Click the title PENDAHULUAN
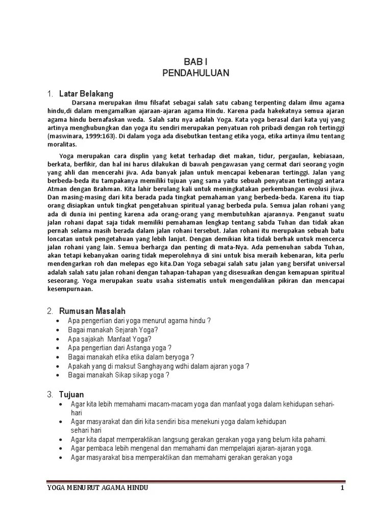click(195, 73)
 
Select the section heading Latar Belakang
click(86, 94)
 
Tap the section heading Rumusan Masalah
click(92, 311)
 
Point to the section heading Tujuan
click(72, 395)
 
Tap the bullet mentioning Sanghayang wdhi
click(158, 367)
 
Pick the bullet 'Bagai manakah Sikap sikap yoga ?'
click(118, 376)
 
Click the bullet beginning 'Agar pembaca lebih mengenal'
click(191, 449)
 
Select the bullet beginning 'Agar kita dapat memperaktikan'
click(199, 439)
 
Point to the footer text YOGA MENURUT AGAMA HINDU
click(97, 488)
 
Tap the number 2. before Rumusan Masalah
click(50, 311)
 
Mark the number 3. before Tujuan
click(50, 395)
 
